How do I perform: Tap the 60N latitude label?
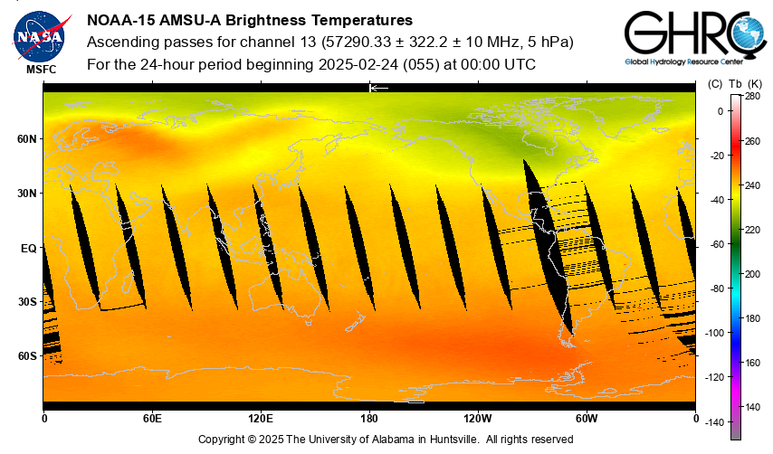(x=25, y=139)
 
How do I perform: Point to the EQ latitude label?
(x=27, y=247)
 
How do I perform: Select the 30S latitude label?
(x=25, y=301)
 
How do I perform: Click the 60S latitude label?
(x=25, y=355)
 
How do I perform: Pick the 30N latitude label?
(x=25, y=194)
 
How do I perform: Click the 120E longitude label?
(x=261, y=419)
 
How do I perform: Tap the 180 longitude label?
(x=369, y=419)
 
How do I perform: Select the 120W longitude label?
(x=478, y=419)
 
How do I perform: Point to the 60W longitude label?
(x=587, y=419)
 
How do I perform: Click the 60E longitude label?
(x=152, y=419)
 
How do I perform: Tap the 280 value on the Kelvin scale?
(x=752, y=96)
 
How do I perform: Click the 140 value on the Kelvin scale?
(x=752, y=406)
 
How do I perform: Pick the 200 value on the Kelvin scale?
(x=752, y=273)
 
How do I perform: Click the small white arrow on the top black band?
(x=378, y=88)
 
